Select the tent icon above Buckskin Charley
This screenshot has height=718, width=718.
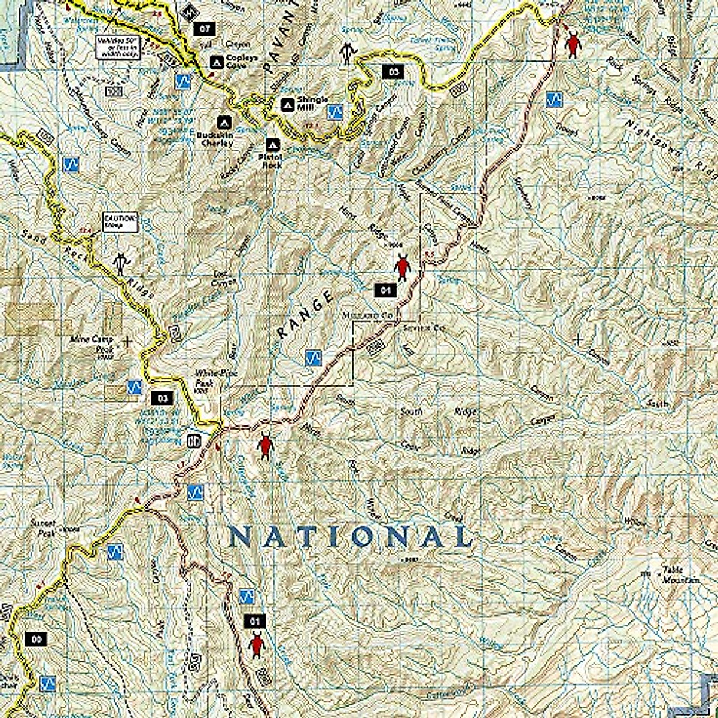224,121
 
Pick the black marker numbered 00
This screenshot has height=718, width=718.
36,639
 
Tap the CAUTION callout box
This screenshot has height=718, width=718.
120,221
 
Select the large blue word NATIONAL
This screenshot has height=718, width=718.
349,537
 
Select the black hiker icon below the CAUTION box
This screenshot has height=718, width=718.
121,263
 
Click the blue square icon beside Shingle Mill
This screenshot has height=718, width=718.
336,111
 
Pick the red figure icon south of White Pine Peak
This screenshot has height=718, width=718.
265,445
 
